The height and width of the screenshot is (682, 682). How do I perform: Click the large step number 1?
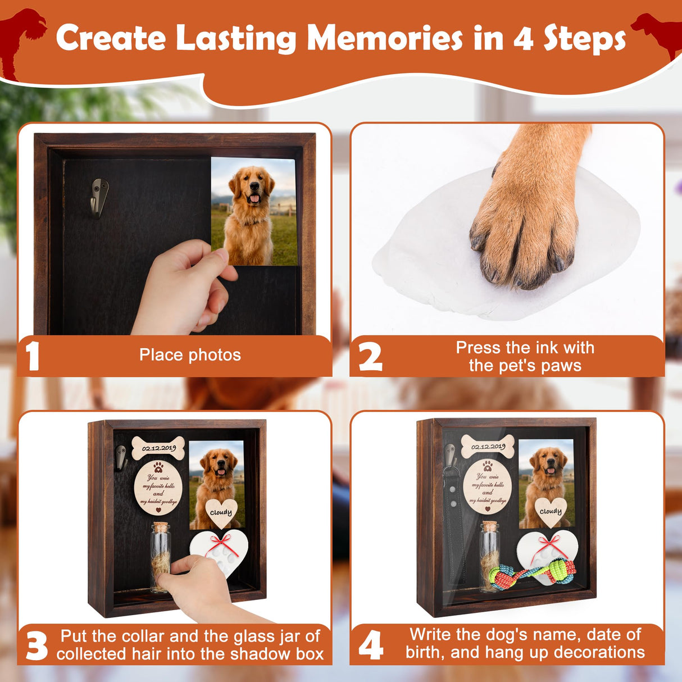click(33, 356)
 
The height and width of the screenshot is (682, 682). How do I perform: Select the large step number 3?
click(37, 646)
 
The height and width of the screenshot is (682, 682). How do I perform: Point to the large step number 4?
click(371, 645)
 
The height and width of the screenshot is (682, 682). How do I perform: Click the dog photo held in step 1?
click(254, 211)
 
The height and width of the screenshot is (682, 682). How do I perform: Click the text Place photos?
click(190, 355)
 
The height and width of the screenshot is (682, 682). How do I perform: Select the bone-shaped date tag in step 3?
click(158, 448)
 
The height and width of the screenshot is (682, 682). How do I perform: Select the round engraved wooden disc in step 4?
click(488, 486)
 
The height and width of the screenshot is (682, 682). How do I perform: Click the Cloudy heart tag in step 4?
click(550, 511)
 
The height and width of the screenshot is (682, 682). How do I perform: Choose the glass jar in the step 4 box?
click(490, 556)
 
